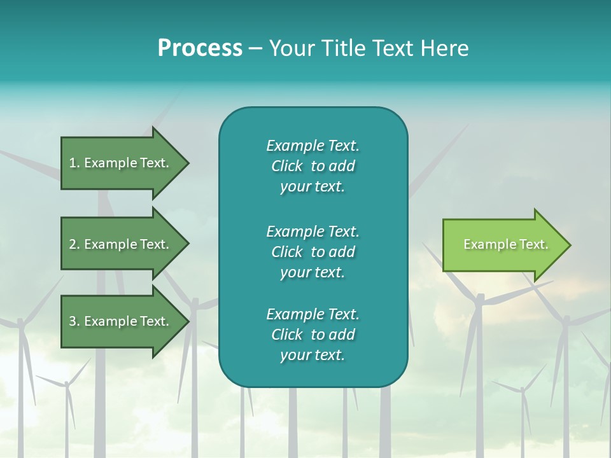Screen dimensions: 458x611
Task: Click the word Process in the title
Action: coord(200,48)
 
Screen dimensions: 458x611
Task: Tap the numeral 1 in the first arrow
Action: coord(72,163)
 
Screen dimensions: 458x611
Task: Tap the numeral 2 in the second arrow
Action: coord(73,244)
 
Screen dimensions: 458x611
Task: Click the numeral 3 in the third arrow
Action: coord(73,321)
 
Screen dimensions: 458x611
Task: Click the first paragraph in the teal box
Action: coord(313,166)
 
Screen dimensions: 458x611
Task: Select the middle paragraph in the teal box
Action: coord(313,252)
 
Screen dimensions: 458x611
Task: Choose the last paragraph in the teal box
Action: coord(313,335)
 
